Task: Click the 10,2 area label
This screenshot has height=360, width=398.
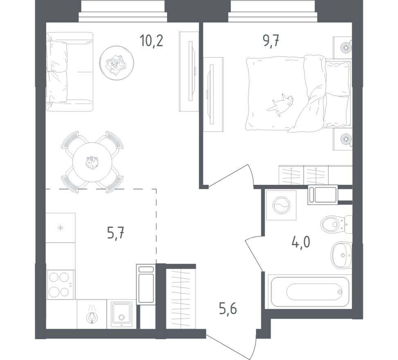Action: point(151,40)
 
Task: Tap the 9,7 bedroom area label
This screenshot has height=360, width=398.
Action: point(271,40)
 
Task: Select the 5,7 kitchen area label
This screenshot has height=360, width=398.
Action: point(115,233)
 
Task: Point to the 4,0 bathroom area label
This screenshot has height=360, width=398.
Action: point(301,242)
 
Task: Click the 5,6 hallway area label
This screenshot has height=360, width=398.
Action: point(228,309)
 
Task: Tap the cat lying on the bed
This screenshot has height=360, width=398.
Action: point(281,104)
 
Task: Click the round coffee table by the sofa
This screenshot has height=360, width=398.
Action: point(117,63)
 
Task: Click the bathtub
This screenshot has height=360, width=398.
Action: point(310,291)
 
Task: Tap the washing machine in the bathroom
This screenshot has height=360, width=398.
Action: point(281,205)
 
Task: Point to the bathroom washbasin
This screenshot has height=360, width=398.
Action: point(341,255)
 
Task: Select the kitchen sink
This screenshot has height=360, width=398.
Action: point(121,314)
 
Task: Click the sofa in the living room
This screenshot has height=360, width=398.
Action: point(70,72)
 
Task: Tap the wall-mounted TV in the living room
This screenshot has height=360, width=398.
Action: point(192,71)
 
